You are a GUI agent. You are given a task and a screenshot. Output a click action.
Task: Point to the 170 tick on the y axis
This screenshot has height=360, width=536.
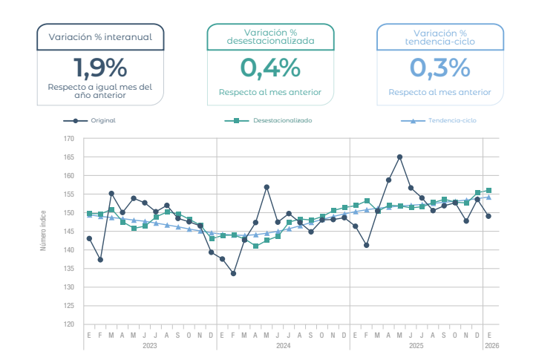pos(69,139)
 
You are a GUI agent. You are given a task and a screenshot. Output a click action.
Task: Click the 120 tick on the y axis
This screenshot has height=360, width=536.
pos(69,324)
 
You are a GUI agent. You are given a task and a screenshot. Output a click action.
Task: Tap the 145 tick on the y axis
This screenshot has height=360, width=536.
pos(69,232)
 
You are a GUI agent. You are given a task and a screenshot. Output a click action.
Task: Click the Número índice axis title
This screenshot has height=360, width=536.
pos(44,230)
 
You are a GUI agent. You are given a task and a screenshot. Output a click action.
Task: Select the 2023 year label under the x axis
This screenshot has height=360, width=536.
pos(149,346)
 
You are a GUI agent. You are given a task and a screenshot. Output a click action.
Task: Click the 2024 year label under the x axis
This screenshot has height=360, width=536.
pos(283,346)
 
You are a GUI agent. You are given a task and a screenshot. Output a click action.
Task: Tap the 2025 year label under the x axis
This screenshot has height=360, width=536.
pos(416,346)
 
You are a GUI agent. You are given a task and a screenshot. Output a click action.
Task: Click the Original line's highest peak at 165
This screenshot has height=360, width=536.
pos(399,157)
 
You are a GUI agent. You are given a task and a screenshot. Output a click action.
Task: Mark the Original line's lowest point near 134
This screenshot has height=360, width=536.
pos(233,273)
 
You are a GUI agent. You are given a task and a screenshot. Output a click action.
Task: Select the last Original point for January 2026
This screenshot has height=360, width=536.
pos(488,216)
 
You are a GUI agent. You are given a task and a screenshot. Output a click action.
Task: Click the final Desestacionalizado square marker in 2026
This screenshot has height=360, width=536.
pos(488,191)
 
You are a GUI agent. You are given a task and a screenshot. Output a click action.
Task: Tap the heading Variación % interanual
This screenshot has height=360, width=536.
pos(100,36)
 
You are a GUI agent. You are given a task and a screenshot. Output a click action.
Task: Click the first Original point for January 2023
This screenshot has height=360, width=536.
pos(89,238)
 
